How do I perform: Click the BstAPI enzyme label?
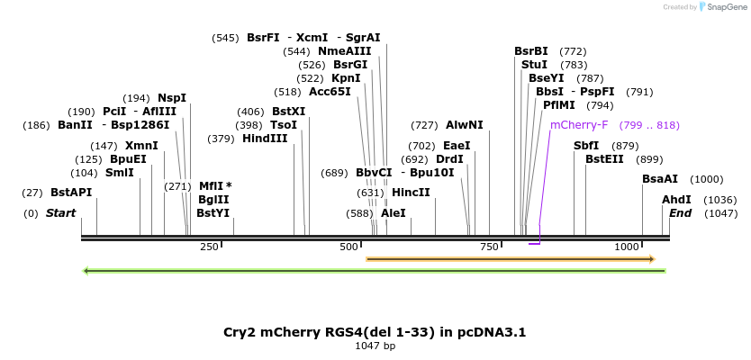click(71, 193)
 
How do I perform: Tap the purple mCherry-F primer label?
click(579, 125)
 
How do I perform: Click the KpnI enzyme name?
click(346, 78)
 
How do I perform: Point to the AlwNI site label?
click(464, 125)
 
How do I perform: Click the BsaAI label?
click(660, 179)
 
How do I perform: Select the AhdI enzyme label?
click(676, 200)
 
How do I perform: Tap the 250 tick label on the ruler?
click(209, 247)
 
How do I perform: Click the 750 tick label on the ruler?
click(489, 247)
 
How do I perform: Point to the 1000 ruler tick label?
click(627, 247)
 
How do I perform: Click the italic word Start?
click(61, 213)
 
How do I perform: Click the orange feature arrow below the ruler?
click(510, 259)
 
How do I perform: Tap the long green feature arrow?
click(374, 270)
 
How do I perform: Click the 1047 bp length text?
click(375, 346)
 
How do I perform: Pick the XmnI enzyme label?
click(141, 146)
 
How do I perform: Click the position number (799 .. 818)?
click(649, 125)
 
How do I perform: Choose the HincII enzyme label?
click(411, 193)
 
